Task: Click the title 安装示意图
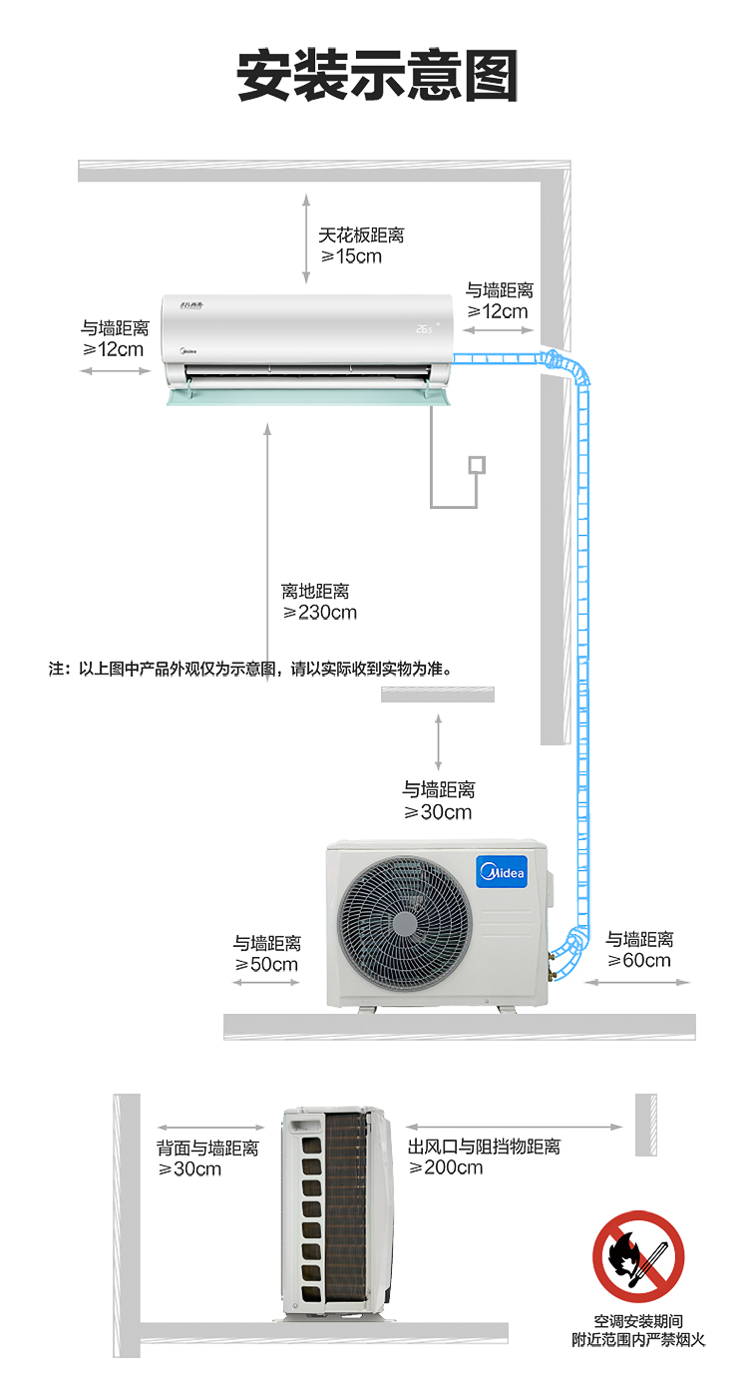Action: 377,77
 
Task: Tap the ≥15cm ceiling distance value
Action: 351,256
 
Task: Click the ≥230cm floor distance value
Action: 320,613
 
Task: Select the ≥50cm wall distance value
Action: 267,965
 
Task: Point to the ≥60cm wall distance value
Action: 640,961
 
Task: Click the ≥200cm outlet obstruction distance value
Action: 446,1167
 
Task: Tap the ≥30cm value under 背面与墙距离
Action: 190,1168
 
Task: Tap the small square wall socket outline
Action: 478,464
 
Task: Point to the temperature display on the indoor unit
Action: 426,327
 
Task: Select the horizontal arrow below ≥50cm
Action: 266,983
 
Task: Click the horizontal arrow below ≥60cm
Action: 649,983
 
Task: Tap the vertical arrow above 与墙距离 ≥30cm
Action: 438,741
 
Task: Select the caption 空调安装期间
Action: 638,1321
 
